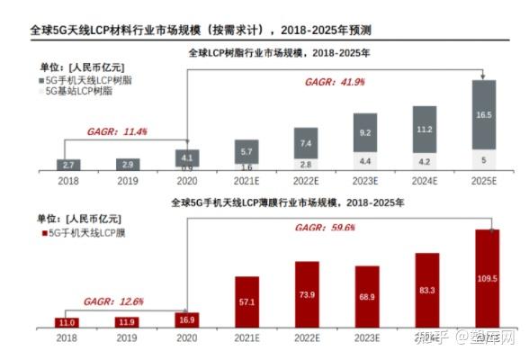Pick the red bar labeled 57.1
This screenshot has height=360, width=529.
(x=247, y=301)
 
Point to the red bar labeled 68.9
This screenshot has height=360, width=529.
(x=367, y=296)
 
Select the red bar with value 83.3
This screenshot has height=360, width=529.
(x=427, y=290)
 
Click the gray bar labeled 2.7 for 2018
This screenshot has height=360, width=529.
(x=68, y=166)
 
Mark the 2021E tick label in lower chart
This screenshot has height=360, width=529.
(x=247, y=338)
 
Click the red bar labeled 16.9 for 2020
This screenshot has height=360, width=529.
(x=187, y=319)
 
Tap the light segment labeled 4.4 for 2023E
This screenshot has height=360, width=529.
(x=367, y=161)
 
